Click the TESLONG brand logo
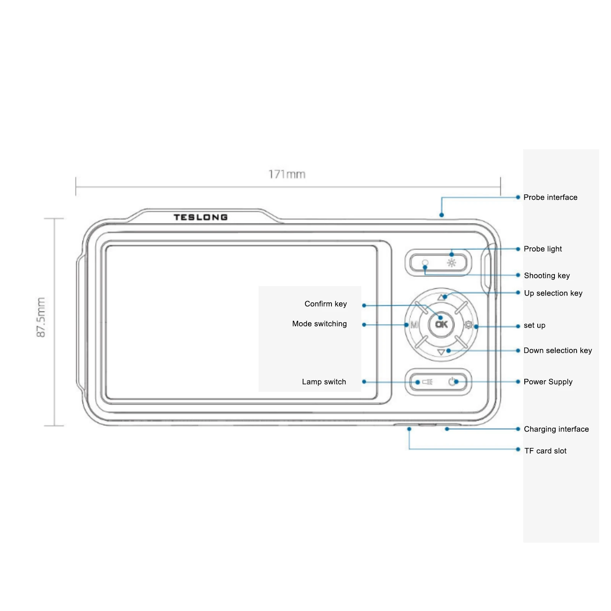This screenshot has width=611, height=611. [200, 217]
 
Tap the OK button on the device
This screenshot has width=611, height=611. [441, 325]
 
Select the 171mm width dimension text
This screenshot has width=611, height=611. [287, 175]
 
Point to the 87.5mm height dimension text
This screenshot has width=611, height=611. [41, 317]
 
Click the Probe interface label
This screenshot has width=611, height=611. [550, 197]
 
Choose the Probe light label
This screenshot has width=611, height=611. [543, 249]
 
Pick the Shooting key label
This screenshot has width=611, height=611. [547, 276]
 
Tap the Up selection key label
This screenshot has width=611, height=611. [553, 293]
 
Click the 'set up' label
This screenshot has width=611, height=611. [535, 325]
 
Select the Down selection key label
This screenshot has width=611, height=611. [558, 351]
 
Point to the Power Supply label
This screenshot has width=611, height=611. [548, 382]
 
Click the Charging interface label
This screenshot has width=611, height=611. [556, 429]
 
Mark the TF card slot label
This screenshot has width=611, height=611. [545, 451]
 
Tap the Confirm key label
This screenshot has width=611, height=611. [326, 304]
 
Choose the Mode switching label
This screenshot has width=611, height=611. [320, 324]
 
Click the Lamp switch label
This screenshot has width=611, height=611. [324, 382]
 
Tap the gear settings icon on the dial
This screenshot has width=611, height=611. [468, 325]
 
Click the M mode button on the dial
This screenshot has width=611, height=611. [414, 325]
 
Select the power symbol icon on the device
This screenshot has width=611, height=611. [453, 381]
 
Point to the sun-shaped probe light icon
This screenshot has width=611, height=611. [452, 263]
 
